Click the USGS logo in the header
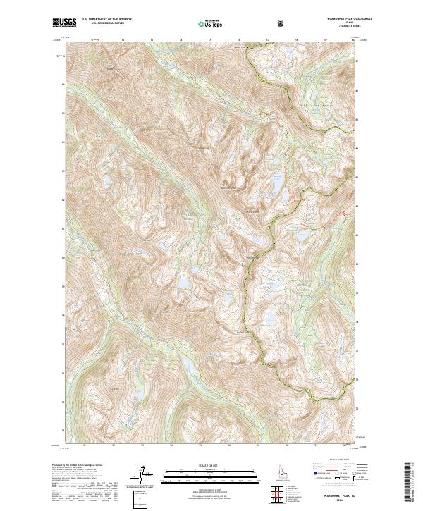click(x=64, y=23)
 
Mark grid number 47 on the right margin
click(x=357, y=61)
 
